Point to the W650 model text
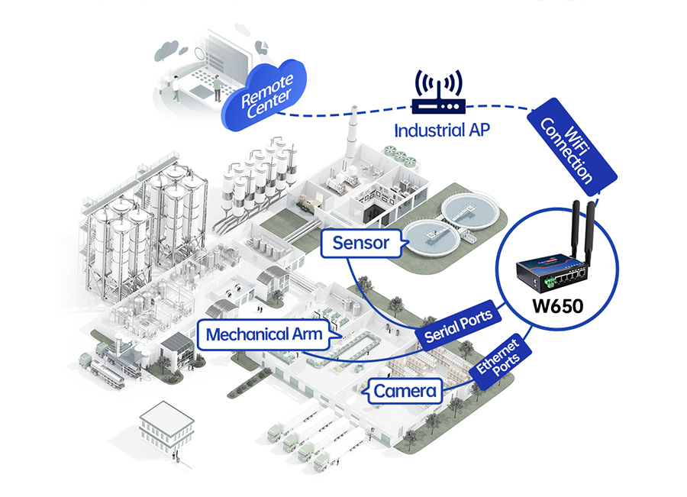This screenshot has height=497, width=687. (558, 309)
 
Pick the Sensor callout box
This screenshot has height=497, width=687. (361, 244)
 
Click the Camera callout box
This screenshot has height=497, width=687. (405, 392)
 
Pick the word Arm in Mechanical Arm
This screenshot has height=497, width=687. (309, 334)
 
